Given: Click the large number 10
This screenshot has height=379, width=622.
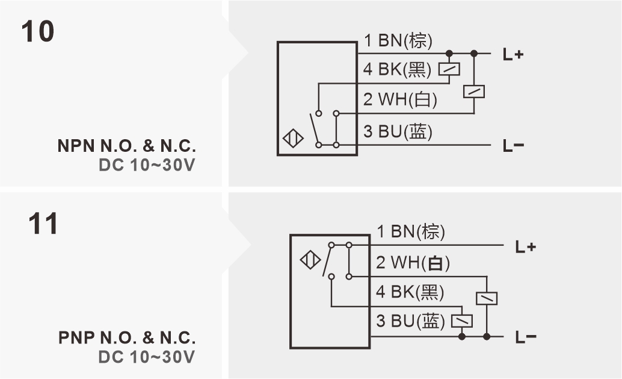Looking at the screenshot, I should tap(38, 31).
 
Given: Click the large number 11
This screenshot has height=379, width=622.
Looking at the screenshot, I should tap(43, 224).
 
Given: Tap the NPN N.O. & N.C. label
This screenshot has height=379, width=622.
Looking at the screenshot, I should tap(127, 146).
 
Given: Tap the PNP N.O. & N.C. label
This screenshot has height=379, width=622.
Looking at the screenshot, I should tap(127, 337).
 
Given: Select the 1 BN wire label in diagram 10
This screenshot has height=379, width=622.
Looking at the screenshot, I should tap(398, 41).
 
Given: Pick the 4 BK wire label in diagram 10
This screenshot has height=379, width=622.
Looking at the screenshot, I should tap(397, 70).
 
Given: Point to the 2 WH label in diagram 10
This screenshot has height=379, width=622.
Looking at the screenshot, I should tap(400, 99).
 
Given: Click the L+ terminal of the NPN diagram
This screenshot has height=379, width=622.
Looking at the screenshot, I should tap(513, 54).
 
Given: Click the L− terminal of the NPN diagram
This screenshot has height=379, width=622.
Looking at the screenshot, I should tap(513, 146).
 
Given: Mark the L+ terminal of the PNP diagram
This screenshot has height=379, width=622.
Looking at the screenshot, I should tap(526, 246).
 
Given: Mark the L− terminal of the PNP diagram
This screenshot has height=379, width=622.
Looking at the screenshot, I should tap(526, 337).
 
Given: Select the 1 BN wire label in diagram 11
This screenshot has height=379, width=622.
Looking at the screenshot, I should tap(411, 231).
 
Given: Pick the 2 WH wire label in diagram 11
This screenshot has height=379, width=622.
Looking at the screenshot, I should tap(413, 263).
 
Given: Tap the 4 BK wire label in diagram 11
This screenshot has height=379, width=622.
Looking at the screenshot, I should tap(410, 292).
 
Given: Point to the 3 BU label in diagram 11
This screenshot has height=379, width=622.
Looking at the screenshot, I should tap(410, 321).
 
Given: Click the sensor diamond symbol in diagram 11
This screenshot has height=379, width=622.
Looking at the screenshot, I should tap(310, 262).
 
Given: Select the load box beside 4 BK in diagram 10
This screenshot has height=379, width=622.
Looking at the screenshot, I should tap(449, 69).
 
